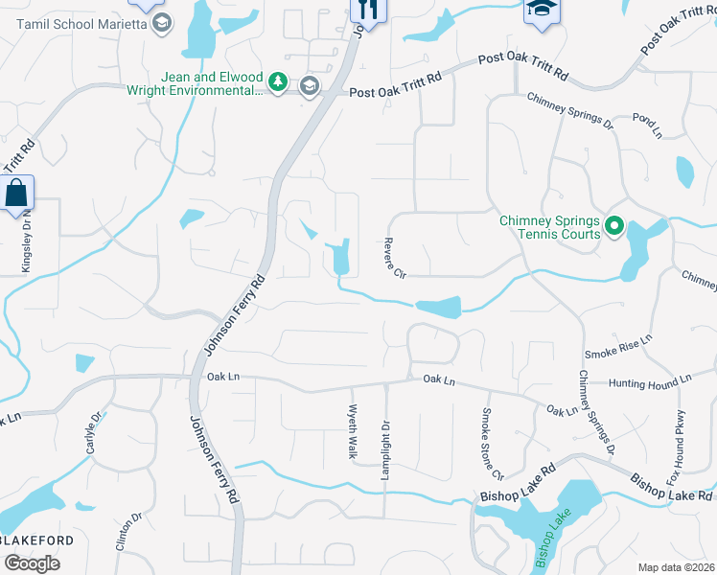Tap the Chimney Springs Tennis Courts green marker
click(613, 227)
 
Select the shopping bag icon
click(17, 194)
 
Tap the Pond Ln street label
click(648, 127)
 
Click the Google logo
click(33, 563)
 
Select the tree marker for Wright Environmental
click(278, 83)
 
